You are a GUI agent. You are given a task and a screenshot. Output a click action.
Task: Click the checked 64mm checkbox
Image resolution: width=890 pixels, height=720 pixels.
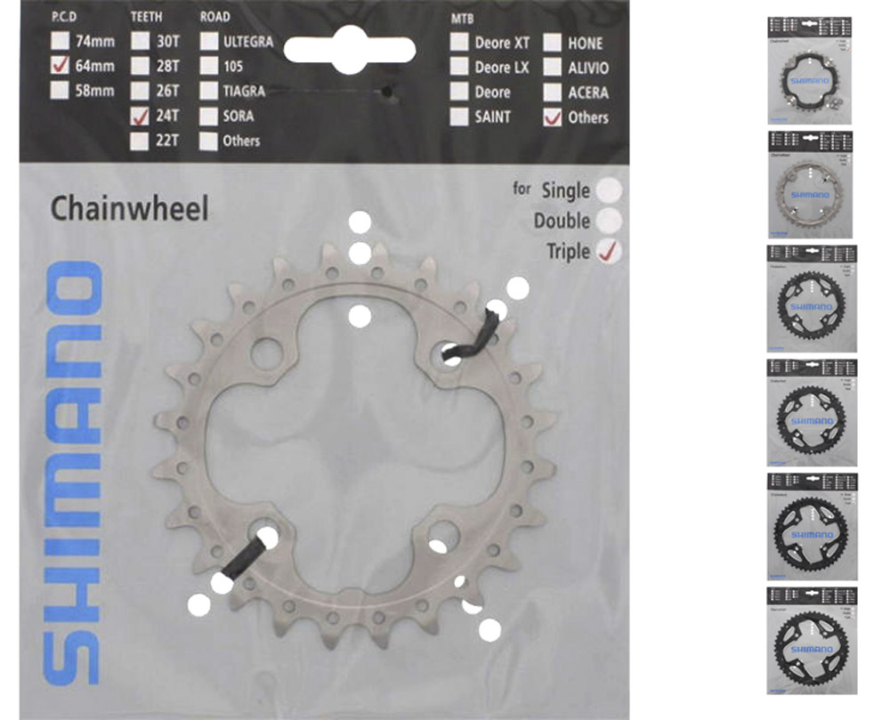pos(61,65)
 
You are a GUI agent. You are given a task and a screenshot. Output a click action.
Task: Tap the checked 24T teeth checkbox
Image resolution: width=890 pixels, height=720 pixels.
pos(139,116)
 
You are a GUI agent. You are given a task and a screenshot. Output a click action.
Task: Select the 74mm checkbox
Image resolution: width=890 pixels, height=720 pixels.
pos(61,41)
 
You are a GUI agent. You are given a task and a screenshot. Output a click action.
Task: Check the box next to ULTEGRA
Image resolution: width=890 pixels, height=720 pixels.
pos(209,41)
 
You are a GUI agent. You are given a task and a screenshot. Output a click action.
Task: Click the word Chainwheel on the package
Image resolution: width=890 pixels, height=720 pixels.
pos(129,208)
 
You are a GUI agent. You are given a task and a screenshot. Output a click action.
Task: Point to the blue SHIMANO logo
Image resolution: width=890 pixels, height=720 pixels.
pos(73,472)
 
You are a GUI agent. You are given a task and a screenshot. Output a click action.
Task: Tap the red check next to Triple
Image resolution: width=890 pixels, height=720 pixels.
pos(610,251)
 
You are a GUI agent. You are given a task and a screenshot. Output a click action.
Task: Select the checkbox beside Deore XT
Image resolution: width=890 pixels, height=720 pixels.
pos(459,42)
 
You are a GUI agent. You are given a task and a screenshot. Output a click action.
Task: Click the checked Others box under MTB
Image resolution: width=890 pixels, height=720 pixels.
pos(553,117)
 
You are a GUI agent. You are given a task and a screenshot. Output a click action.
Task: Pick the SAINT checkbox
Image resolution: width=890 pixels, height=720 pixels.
pos(459,116)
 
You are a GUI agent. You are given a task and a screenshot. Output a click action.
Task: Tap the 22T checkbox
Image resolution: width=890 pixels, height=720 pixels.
pos(139,141)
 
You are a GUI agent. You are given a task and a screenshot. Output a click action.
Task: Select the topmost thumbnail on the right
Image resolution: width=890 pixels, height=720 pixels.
pos(809,69)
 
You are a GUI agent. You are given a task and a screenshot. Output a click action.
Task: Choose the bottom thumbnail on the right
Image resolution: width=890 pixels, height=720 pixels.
pos(811,639)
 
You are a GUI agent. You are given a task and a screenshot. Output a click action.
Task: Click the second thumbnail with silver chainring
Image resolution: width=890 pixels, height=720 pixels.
pos(809,183)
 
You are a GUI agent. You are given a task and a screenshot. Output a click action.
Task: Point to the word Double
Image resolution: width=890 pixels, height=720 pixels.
pos(562,221)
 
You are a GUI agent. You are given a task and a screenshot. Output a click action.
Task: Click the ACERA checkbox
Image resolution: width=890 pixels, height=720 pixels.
pos(553,92)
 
